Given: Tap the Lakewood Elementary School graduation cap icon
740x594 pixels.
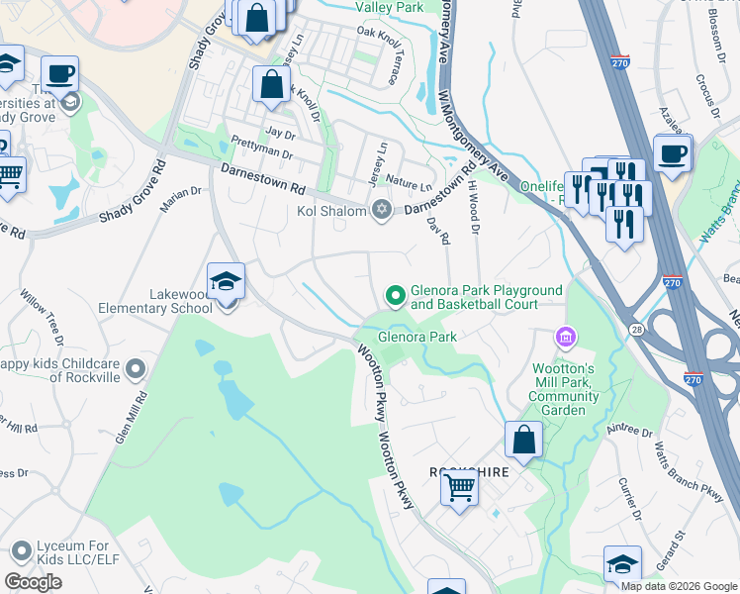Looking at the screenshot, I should pyautogui.click(x=226, y=282).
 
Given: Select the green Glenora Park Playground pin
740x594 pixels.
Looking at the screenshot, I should pyautogui.click(x=396, y=296).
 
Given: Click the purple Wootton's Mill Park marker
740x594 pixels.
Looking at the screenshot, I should pyautogui.click(x=565, y=340).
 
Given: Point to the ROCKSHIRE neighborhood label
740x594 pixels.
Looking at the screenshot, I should pyautogui.click(x=468, y=472).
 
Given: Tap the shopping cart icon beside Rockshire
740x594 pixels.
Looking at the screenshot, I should pyautogui.click(x=459, y=488).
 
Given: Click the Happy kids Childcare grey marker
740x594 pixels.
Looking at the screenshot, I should pyautogui.click(x=137, y=370).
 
